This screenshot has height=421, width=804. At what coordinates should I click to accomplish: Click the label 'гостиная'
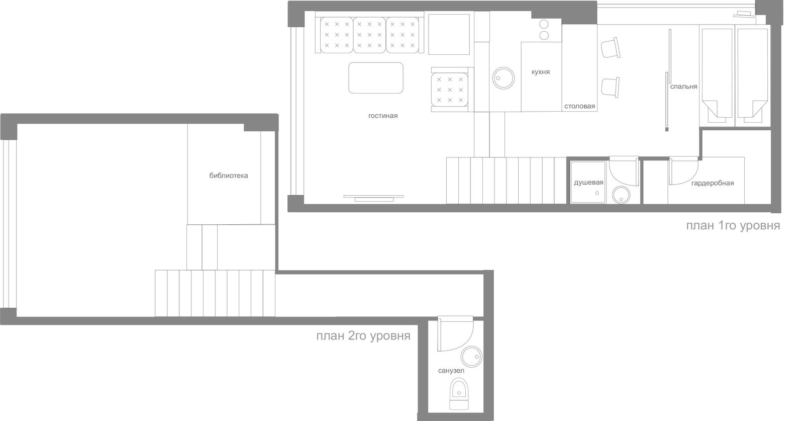(383, 116)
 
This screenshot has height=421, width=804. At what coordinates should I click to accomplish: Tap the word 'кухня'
(541, 72)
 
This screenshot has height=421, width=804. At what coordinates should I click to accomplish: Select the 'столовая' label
(580, 106)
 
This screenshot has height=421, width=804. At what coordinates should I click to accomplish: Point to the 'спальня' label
(684, 87)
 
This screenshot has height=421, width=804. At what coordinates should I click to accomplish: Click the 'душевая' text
(588, 183)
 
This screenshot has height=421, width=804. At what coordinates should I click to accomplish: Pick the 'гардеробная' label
(713, 183)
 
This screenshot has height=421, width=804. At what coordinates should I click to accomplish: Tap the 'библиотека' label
(229, 176)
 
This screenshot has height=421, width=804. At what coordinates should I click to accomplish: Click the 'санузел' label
(451, 371)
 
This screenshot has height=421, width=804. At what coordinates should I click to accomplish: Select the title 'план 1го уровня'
(733, 225)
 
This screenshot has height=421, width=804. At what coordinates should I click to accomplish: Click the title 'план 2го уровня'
(363, 336)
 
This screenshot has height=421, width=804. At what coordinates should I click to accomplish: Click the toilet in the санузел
(459, 394)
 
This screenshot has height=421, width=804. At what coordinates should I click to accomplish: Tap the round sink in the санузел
(471, 357)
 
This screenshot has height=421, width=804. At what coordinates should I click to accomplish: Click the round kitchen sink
(503, 78)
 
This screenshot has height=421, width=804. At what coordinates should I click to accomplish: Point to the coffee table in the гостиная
(376, 78)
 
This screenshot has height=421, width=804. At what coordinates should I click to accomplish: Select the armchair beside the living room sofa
(450, 90)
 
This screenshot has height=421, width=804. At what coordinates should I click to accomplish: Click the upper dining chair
(611, 48)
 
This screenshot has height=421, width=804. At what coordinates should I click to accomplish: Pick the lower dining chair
(611, 88)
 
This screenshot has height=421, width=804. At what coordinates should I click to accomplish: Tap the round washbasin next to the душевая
(621, 195)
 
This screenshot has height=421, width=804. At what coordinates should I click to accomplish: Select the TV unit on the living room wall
(373, 198)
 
